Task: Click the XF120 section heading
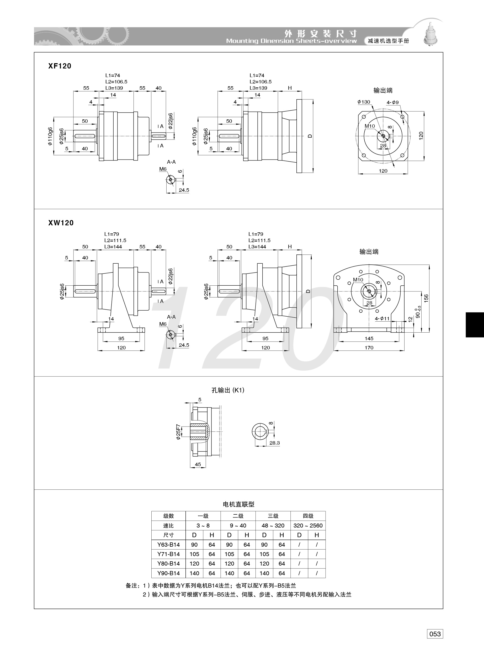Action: [60, 66]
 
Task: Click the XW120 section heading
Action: [61, 223]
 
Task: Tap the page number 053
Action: [435, 634]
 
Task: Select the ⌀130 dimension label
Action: [364, 102]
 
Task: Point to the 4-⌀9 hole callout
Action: [393, 103]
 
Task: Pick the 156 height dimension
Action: [426, 298]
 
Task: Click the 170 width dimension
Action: [369, 348]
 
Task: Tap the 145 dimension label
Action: [369, 339]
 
